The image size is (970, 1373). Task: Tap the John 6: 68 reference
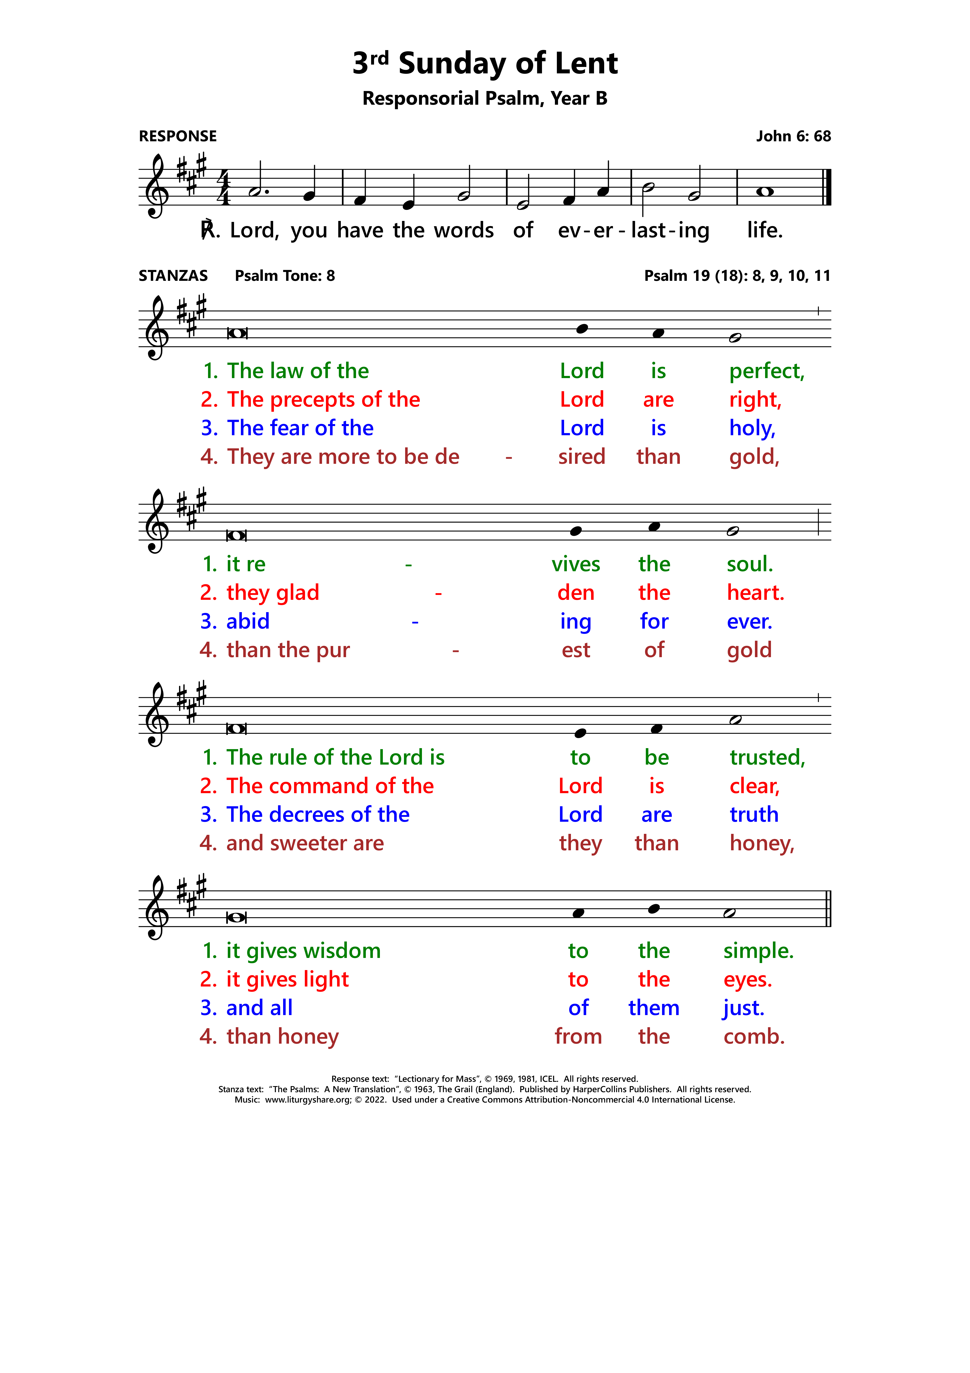793,136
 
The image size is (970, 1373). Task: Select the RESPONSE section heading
178,136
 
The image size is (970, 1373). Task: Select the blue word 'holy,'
752,428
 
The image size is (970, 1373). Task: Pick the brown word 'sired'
581,457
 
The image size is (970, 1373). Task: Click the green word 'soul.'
749,564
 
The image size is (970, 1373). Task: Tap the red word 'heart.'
755,593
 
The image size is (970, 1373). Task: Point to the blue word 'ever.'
749,621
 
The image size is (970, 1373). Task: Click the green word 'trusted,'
767,758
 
